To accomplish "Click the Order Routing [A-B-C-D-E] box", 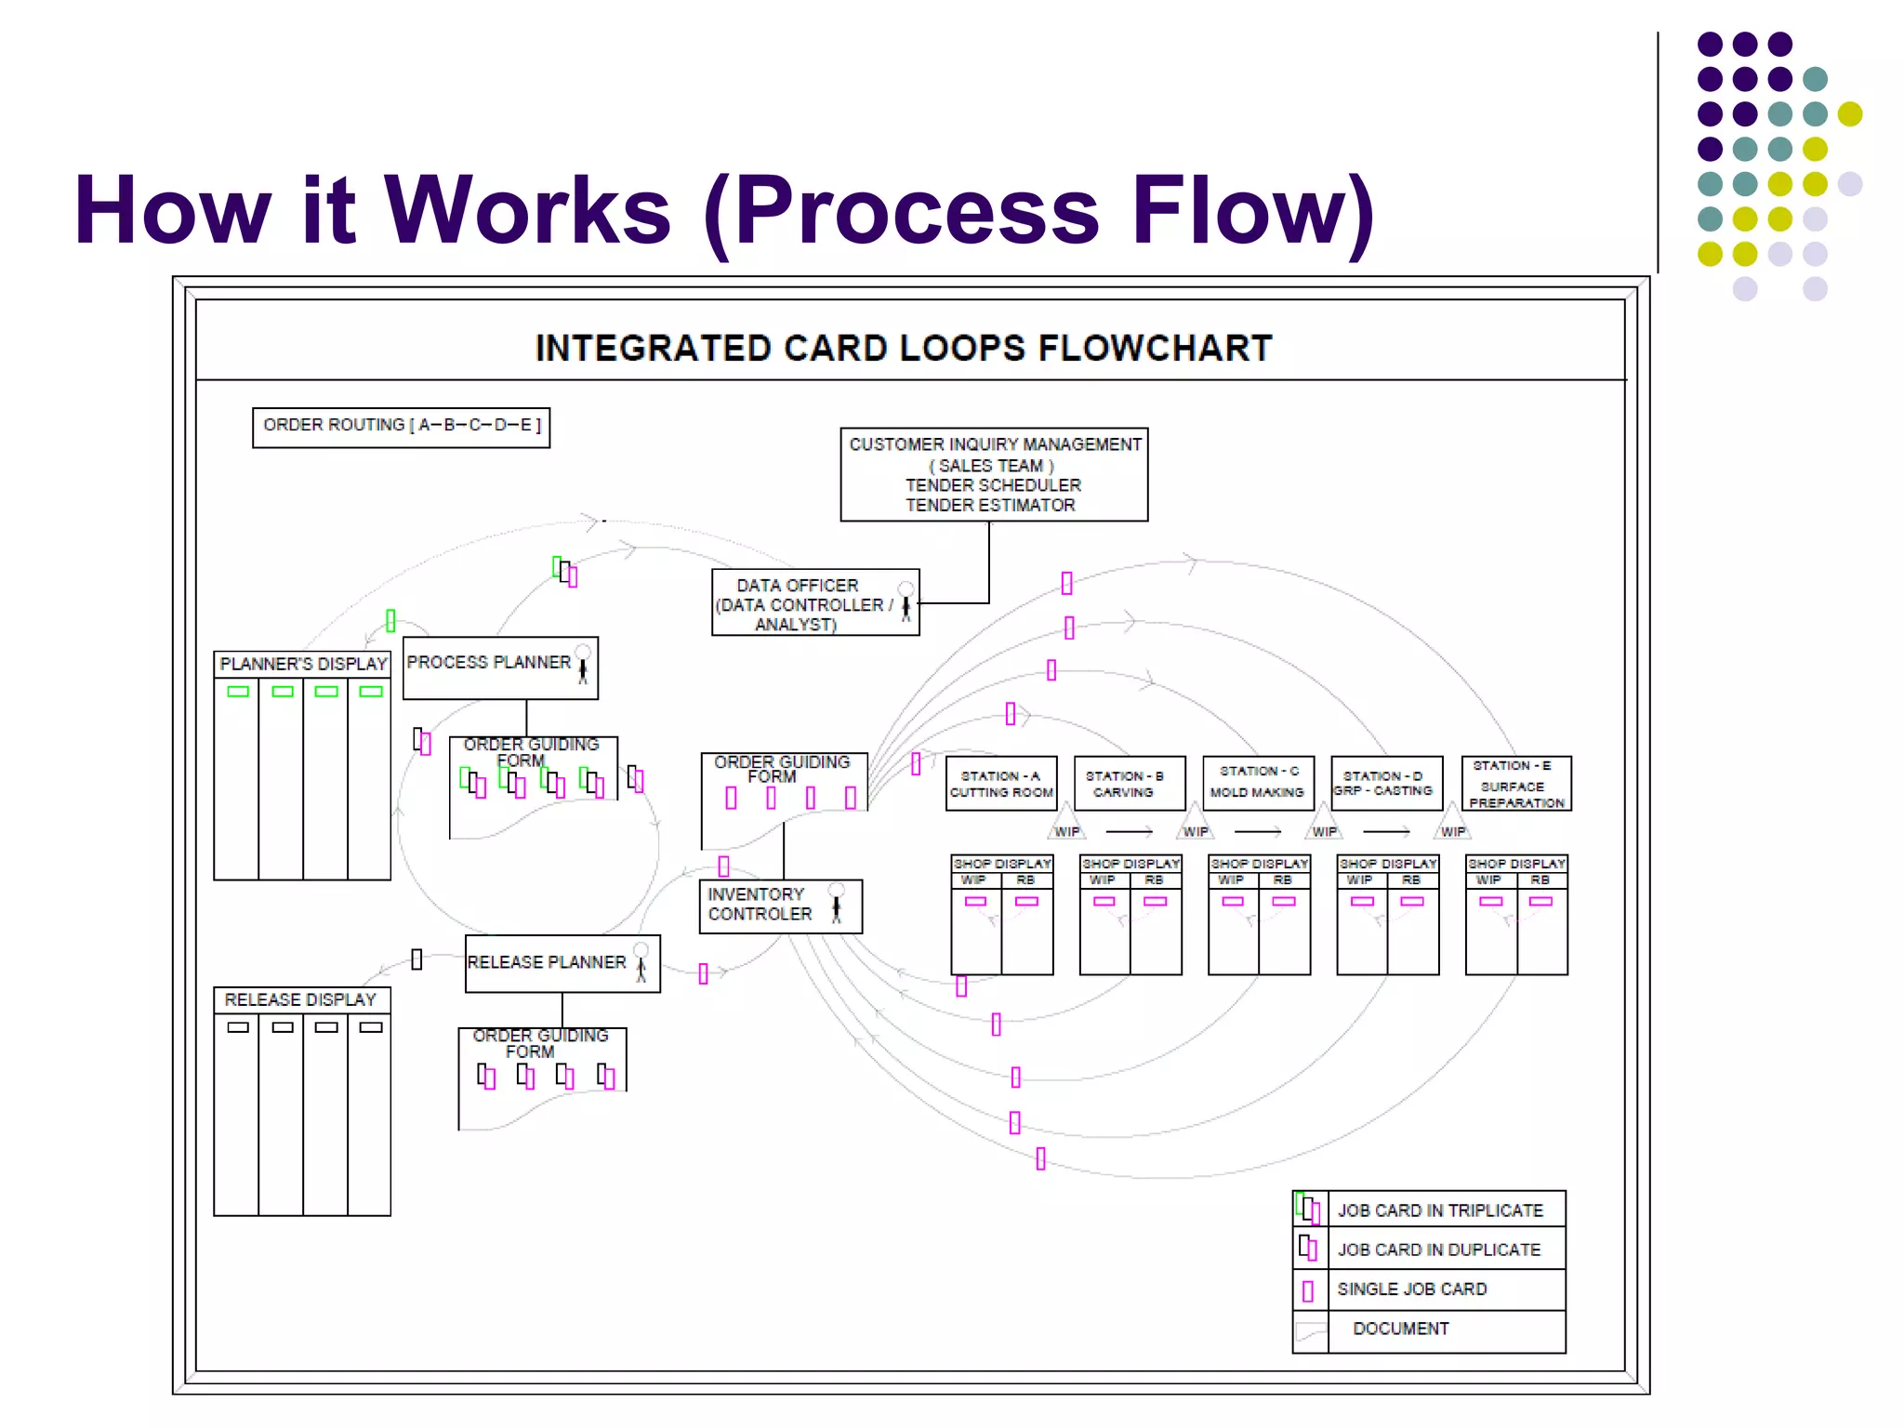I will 401,427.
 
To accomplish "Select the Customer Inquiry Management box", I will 993,474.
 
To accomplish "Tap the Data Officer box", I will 814,603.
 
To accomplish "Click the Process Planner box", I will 499,668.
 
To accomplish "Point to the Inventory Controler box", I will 779,906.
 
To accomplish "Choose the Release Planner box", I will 562,963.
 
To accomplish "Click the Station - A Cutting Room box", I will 1000,784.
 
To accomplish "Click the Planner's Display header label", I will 303,664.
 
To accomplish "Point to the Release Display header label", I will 300,999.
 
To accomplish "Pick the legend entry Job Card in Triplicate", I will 1439,1210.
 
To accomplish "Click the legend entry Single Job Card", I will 1411,1289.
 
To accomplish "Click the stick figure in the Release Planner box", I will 641,963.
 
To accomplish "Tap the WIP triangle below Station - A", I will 1066,825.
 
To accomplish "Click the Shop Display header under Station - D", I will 1387,864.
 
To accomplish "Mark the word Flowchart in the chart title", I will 1154,349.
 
